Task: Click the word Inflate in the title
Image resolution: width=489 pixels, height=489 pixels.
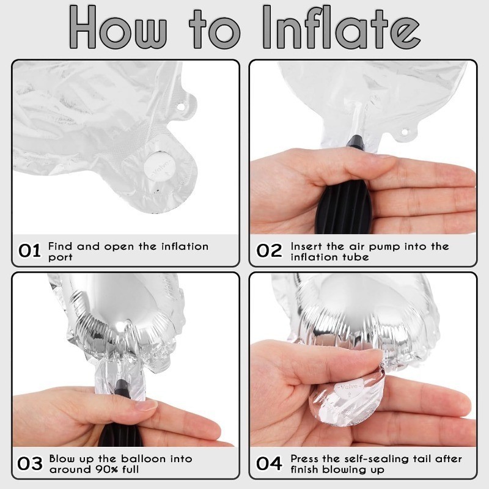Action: [341, 28]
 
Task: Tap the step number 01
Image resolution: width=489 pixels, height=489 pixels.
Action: [29, 251]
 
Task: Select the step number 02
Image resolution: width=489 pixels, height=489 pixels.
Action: [269, 251]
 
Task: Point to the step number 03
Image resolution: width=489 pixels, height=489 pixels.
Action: [30, 463]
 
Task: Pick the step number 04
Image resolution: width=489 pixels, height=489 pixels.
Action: [269, 463]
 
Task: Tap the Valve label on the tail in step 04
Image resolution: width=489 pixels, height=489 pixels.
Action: [348, 388]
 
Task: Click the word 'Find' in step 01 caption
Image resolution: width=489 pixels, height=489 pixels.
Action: [60, 246]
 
